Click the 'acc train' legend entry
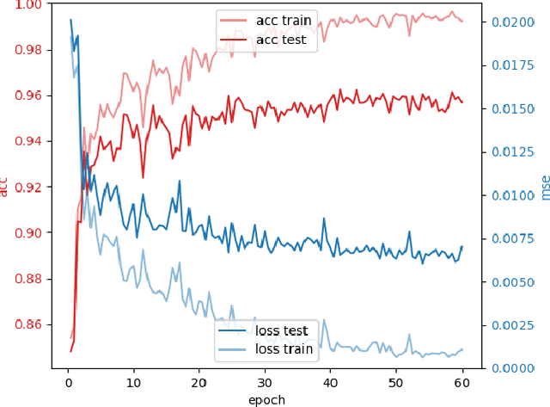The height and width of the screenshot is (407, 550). [x=284, y=20]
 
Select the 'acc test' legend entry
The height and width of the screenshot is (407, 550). [x=281, y=40]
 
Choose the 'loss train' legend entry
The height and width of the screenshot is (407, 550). [x=284, y=350]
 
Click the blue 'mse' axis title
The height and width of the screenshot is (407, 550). [x=543, y=187]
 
